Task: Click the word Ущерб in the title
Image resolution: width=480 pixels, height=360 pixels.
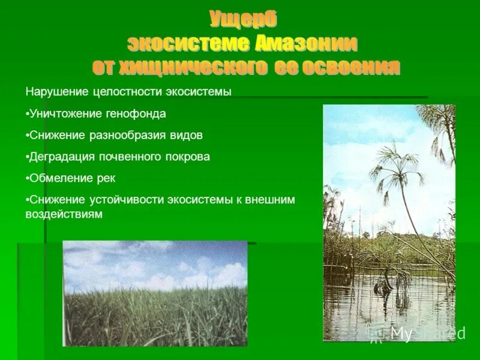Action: pos(243,20)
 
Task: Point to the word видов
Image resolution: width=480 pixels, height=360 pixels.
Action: pos(186,135)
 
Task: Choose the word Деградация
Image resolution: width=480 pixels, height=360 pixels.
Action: pos(60,157)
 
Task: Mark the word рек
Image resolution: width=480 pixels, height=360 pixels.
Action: pos(104,178)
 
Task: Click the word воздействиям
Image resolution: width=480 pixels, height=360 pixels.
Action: pos(64,214)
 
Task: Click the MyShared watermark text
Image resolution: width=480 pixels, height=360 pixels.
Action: pos(427,334)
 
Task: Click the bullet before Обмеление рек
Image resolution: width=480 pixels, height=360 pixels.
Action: pos(27,178)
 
